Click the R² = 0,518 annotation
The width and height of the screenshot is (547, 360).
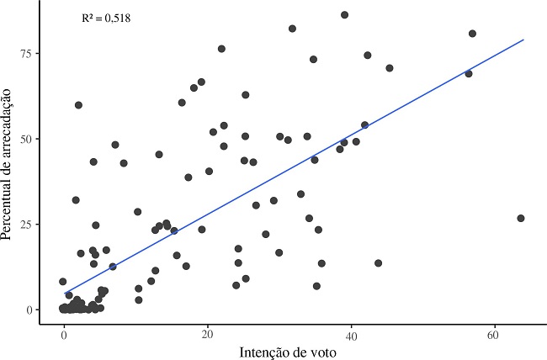pyautogui.click(x=105, y=16)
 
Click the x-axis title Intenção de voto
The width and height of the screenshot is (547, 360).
pyautogui.click(x=286, y=349)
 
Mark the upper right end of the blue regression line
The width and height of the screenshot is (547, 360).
pyautogui.click(x=523, y=40)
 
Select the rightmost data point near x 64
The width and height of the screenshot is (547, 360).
pyautogui.click(x=521, y=218)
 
